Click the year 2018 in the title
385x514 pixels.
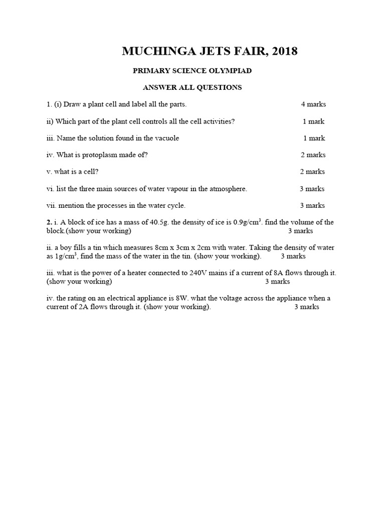[283, 51]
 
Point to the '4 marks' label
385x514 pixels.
[313, 104]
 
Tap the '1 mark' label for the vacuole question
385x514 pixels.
[314, 138]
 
